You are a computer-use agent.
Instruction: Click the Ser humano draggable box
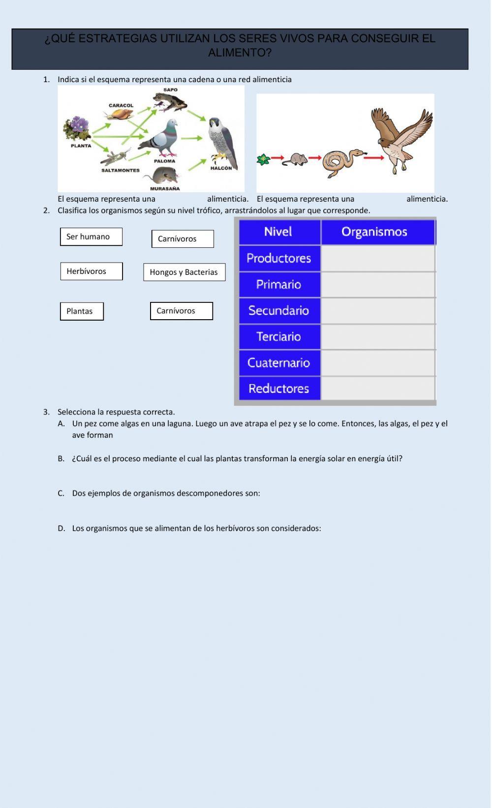tap(91, 237)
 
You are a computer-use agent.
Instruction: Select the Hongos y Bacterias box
tap(184, 272)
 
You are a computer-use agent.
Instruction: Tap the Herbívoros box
tap(91, 271)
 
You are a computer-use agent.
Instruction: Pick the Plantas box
tap(82, 311)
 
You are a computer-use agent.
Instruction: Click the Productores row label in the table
tap(279, 258)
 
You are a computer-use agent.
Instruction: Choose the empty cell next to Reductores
tap(378, 389)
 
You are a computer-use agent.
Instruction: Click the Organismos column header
tap(374, 232)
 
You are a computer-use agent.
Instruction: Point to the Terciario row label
tap(279, 337)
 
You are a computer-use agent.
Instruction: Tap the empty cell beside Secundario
tap(378, 311)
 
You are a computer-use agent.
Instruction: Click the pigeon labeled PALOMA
tap(160, 138)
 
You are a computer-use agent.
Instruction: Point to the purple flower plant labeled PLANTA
tap(77, 129)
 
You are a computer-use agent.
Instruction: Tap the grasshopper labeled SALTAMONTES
tap(116, 157)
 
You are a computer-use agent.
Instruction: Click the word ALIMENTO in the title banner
tap(240, 53)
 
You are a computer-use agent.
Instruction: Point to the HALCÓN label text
tap(221, 168)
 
